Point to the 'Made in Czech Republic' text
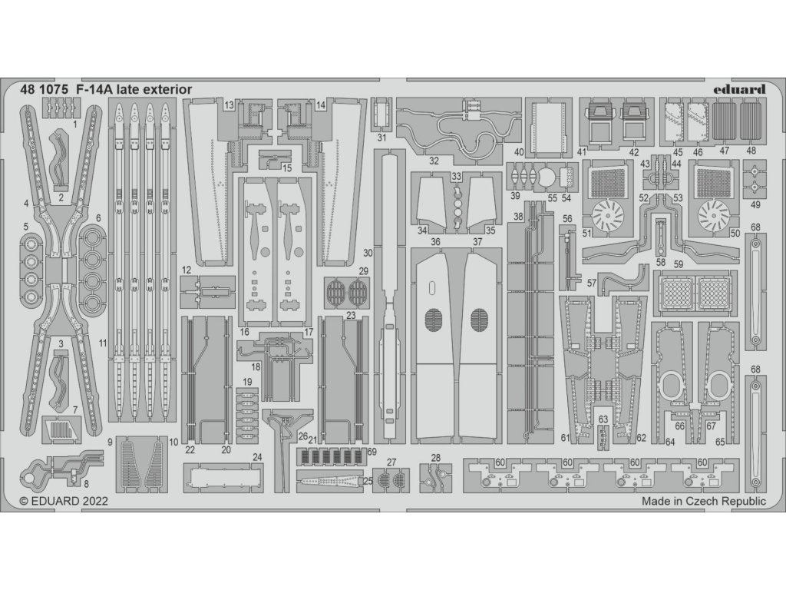point(704,501)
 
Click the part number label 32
point(434,161)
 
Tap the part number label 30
point(368,253)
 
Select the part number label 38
point(519,217)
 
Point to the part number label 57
point(592,283)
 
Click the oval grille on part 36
point(434,319)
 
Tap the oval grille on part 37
point(481,319)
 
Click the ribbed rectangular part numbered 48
point(751,120)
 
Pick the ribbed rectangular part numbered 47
point(725,120)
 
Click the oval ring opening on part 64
point(672,384)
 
